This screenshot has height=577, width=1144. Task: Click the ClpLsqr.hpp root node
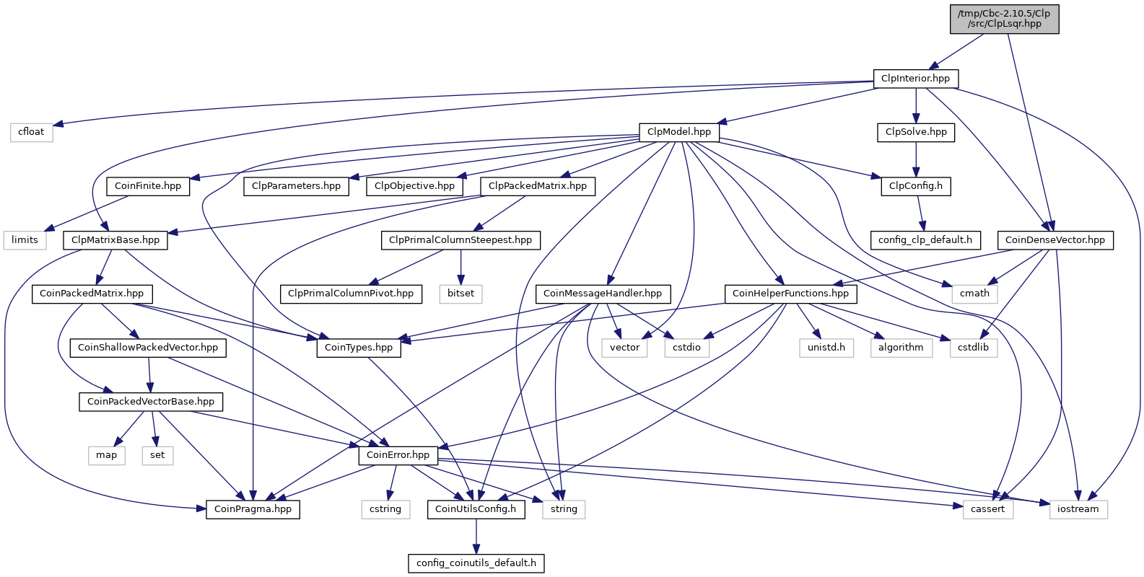[1004, 18]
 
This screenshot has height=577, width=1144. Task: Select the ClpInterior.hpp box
[915, 78]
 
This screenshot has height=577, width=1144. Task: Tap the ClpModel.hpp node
[678, 132]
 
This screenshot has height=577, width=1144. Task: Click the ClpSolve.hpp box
[916, 132]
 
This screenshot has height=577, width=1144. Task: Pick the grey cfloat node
[31, 132]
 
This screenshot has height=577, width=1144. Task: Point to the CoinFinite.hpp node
[148, 186]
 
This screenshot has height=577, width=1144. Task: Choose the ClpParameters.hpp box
[296, 186]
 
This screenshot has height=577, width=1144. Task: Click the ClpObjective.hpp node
[415, 186]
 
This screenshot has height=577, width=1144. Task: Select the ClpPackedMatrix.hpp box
[538, 186]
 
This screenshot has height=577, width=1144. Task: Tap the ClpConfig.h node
[915, 186]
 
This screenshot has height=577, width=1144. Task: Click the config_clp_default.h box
[925, 240]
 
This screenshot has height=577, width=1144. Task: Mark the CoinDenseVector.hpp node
[1055, 240]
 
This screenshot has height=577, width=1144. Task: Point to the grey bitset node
[460, 294]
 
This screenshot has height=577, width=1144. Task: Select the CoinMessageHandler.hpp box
[603, 294]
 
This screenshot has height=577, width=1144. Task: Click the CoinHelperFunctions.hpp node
[790, 294]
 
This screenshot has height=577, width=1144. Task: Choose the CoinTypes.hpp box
[359, 348]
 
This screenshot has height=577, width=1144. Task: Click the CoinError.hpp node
[398, 455]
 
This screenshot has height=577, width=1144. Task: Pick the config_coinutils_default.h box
[476, 563]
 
